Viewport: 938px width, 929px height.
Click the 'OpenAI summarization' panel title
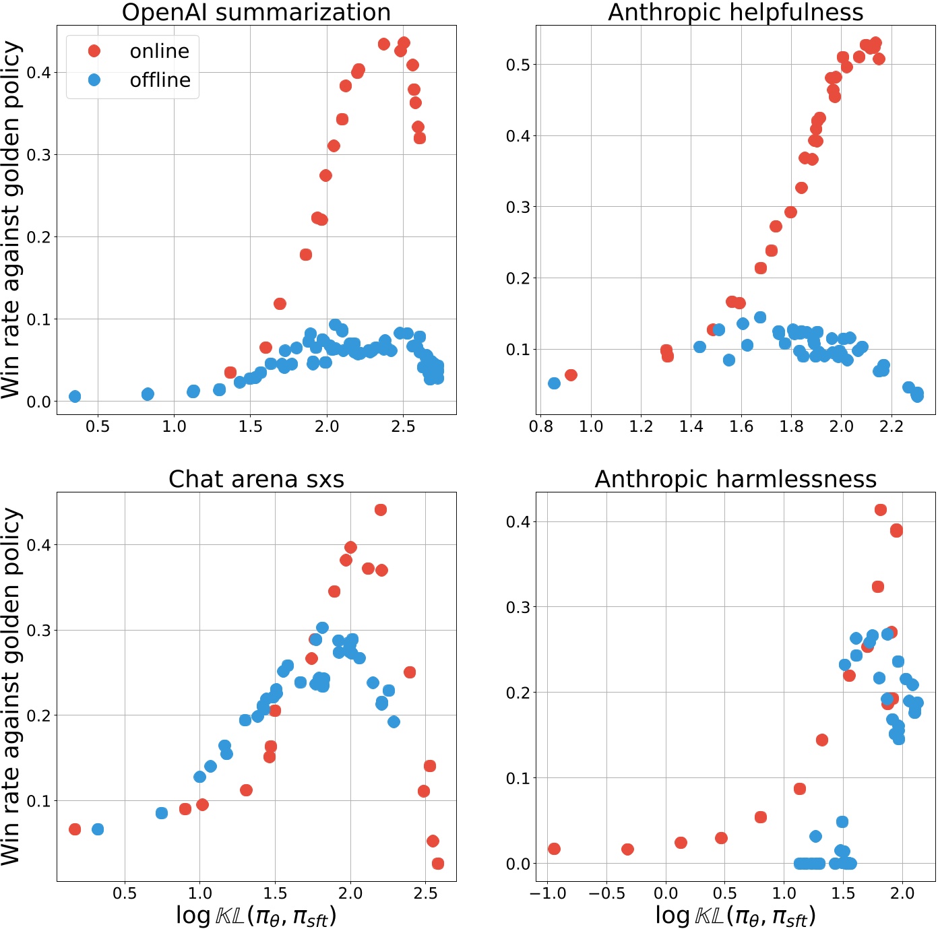256,12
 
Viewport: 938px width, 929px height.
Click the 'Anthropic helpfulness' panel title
735,12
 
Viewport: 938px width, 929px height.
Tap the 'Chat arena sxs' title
256,479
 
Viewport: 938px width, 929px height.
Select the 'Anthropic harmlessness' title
735,479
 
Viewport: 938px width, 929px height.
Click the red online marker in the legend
94,51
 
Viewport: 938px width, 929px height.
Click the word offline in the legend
160,80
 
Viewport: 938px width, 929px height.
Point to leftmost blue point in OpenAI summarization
75,396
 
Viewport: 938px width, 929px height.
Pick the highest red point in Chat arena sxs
381,510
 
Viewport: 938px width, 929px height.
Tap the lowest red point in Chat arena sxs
438,864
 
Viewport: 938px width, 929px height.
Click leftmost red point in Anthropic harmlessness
554,849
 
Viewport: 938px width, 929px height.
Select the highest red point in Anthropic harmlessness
881,510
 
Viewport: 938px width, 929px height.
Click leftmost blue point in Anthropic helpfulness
554,383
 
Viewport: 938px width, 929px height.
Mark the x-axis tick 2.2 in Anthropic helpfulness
891,426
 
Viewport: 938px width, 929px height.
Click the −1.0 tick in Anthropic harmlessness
547,893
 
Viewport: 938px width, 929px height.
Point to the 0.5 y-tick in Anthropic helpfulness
518,65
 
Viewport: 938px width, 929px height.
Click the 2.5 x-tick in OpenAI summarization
403,426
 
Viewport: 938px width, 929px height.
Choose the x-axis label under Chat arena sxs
256,916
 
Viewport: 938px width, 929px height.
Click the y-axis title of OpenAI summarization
12,220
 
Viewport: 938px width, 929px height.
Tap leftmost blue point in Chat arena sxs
98,829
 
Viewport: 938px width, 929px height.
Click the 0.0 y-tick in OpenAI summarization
39,402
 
